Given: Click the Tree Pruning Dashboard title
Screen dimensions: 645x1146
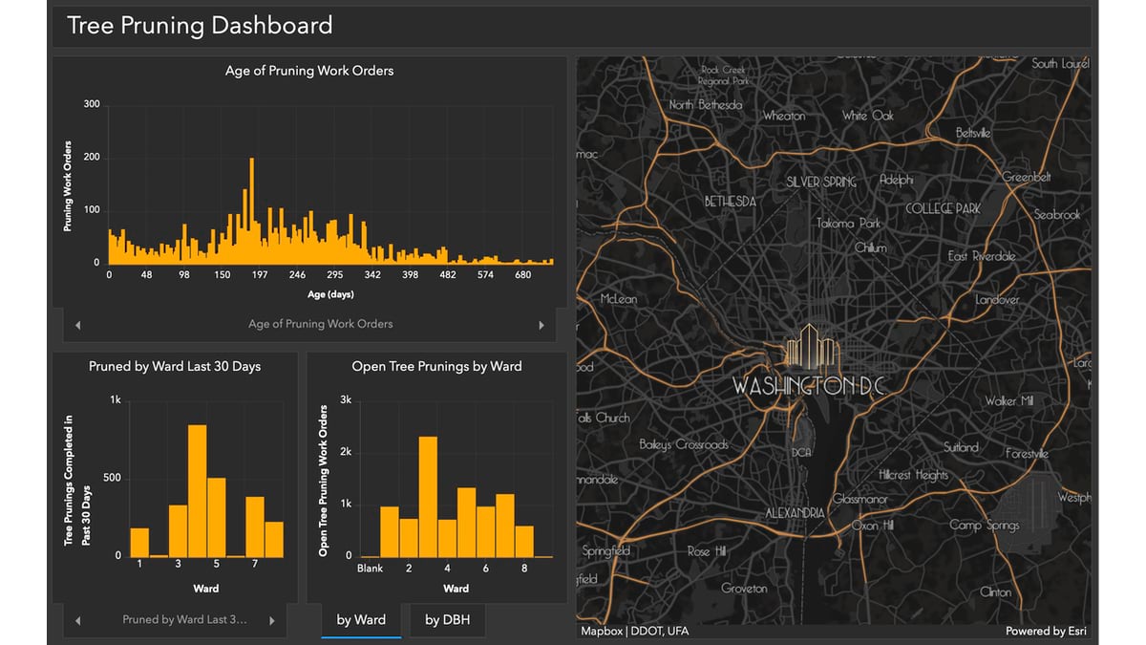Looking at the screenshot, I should [x=200, y=26].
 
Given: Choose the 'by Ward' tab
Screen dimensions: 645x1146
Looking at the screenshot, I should [x=361, y=620].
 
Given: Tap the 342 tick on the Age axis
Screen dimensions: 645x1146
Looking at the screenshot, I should [x=371, y=275].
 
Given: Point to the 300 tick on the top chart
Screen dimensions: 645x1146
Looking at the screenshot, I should [x=92, y=104].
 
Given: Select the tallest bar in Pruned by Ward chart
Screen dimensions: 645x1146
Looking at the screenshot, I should [x=197, y=490].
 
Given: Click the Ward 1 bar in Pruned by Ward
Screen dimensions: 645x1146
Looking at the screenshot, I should [x=139, y=542].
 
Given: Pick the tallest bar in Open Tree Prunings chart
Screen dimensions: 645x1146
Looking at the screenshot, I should [x=428, y=496].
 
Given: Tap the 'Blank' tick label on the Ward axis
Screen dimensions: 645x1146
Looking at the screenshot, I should [x=370, y=569].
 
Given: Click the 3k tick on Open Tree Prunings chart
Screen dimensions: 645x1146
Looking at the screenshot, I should [x=346, y=400].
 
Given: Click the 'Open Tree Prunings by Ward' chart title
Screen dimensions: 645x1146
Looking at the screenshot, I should [x=436, y=366].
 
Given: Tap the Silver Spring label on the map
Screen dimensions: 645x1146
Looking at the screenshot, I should [x=821, y=182].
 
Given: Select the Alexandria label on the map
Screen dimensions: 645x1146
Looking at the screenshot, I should [x=795, y=513].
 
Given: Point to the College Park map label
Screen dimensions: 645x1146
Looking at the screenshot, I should [x=943, y=208].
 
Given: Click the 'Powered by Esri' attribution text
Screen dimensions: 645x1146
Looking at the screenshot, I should [x=1045, y=631].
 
